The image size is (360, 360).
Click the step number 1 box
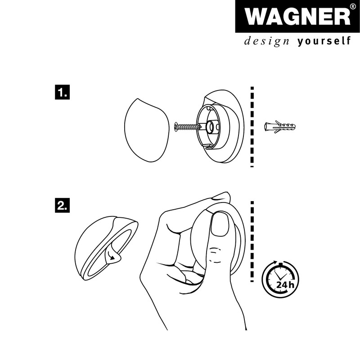(62, 93)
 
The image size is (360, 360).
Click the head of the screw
(175, 128)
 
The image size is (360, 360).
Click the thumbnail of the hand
(220, 225)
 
